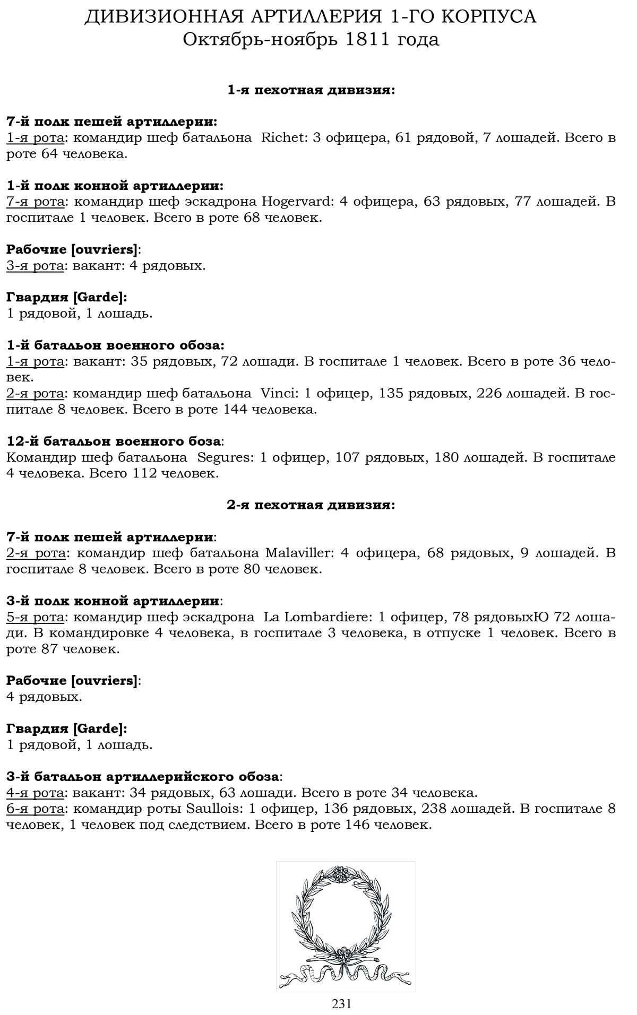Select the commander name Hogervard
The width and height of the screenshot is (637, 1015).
click(x=297, y=202)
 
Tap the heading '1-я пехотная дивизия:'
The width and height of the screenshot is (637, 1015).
click(x=311, y=90)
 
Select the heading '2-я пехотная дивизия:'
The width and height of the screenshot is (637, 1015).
click(x=311, y=505)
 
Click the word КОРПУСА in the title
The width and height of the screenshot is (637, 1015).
click(x=489, y=17)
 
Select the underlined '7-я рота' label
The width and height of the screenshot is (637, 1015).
click(x=36, y=202)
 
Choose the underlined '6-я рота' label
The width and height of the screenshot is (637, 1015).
click(x=36, y=809)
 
